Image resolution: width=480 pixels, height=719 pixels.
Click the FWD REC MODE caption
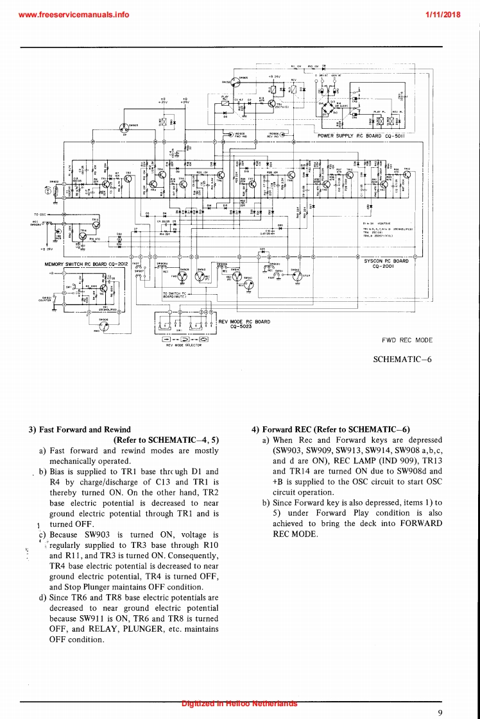click(x=407, y=340)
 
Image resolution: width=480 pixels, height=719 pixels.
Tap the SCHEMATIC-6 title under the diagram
click(x=402, y=359)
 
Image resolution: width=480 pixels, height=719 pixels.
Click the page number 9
click(x=440, y=713)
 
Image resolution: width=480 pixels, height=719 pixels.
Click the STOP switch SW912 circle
click(x=298, y=277)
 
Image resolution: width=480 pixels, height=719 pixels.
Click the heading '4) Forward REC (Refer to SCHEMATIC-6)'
click(x=331, y=429)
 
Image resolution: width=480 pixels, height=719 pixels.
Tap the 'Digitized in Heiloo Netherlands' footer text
click(x=239, y=703)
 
